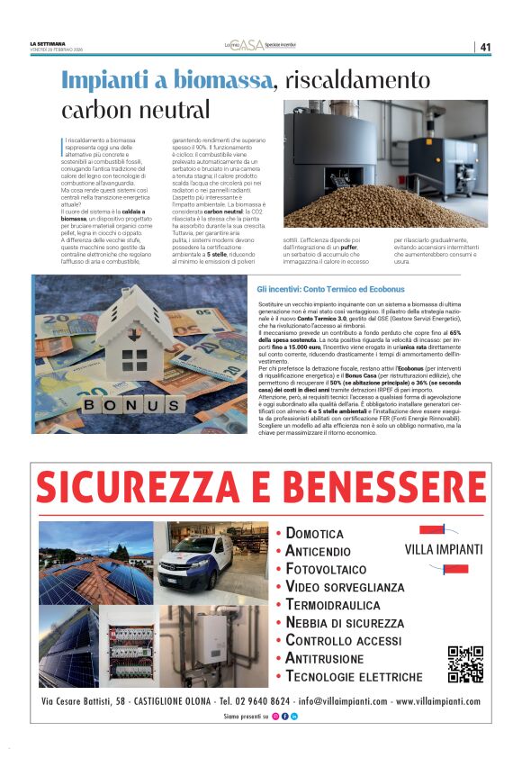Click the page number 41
(x=485, y=47)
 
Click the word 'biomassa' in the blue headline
(x=216, y=79)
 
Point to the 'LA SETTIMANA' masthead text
(x=47, y=43)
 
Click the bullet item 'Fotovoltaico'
(x=326, y=569)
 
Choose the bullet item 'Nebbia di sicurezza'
(x=345, y=623)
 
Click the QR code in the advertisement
(x=465, y=663)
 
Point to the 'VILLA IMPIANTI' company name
(x=444, y=549)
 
